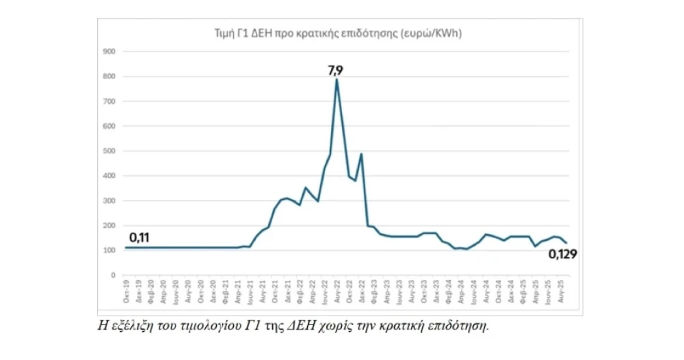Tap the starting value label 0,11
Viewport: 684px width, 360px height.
139,237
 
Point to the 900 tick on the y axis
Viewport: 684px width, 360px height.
109,51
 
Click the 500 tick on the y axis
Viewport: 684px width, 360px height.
109,151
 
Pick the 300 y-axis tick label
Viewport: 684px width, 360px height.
109,201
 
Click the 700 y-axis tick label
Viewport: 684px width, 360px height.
109,101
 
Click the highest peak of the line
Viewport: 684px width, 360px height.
337,79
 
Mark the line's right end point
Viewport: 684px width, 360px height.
566,243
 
